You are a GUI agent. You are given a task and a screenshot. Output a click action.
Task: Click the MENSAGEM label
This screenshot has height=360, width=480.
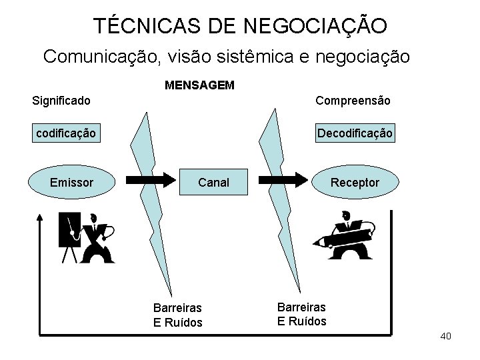199,86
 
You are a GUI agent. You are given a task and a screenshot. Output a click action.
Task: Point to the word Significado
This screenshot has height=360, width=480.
62,101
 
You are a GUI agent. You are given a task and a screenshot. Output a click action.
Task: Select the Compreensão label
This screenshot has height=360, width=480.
353,101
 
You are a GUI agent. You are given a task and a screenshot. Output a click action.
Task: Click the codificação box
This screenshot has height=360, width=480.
65,134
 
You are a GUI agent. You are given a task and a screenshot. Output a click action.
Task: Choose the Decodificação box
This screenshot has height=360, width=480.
355,134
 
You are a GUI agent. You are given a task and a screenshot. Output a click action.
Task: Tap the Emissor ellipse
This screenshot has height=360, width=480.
71,182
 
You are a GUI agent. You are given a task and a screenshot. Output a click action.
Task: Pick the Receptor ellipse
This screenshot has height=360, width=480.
355,182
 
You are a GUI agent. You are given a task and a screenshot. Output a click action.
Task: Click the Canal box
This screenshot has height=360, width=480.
213,182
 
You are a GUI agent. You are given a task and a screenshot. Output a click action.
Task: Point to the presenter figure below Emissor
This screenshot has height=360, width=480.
87,237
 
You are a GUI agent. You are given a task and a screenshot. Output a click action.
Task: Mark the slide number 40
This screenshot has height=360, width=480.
446,336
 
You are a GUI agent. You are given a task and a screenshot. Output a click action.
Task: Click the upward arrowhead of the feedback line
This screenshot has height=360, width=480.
40,217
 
